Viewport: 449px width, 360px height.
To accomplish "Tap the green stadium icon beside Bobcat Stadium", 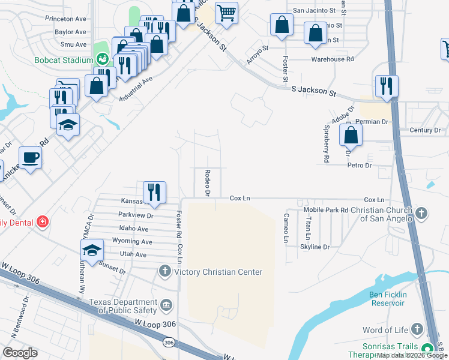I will (103, 59).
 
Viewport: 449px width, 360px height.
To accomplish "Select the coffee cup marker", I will (30, 158).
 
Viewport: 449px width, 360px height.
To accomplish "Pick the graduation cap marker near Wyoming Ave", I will (92, 250).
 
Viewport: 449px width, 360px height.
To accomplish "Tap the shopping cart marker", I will (226, 12).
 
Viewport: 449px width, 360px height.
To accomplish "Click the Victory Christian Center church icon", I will (164, 272).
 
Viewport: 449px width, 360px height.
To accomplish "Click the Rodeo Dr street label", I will (207, 183).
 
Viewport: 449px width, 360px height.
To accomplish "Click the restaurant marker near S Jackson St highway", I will (385, 86).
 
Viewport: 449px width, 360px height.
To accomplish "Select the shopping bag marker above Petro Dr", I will (351, 136).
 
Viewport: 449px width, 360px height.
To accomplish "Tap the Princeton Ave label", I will (66, 19).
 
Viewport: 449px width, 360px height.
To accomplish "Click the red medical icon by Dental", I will (42, 222).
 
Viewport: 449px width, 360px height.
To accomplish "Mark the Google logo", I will (20, 353).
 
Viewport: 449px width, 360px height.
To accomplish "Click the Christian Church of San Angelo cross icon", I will (422, 212).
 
